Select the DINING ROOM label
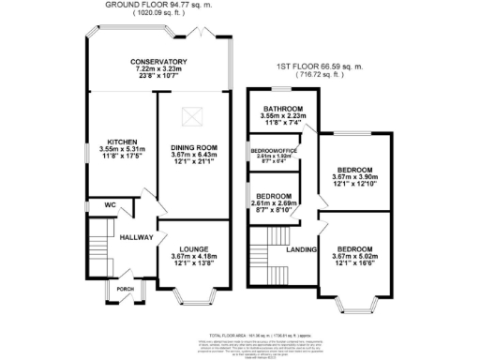[193, 148]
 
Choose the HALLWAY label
[136, 238]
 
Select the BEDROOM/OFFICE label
[274, 151]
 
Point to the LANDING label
[301, 248]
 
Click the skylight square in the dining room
[194, 117]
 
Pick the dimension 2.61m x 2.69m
[275, 202]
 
